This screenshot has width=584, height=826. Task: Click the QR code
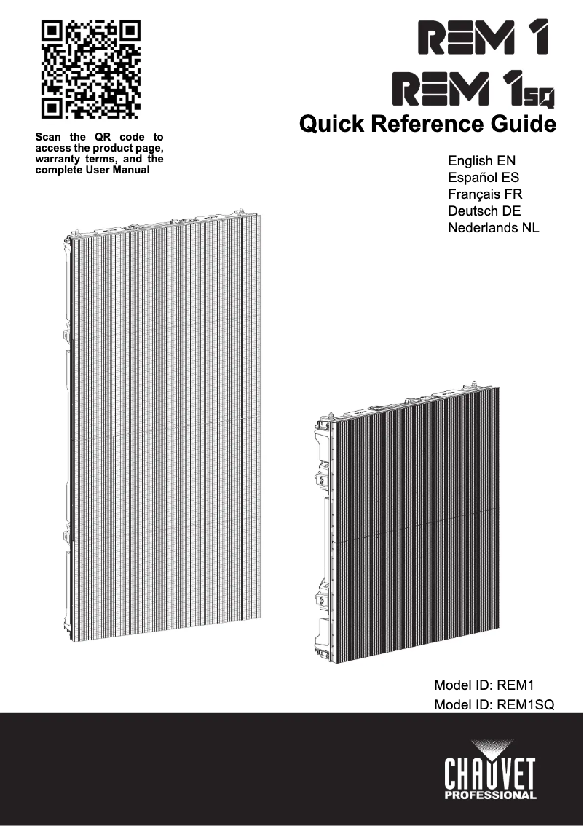[90, 70]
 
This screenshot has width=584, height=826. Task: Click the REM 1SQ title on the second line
[474, 89]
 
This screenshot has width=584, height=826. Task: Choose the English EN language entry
[482, 160]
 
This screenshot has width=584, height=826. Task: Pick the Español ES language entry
[484, 178]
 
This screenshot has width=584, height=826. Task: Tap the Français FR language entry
[485, 194]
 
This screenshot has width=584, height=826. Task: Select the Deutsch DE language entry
[484, 211]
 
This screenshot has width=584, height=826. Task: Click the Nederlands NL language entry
[494, 228]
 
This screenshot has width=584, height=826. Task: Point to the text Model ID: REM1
[484, 685]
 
